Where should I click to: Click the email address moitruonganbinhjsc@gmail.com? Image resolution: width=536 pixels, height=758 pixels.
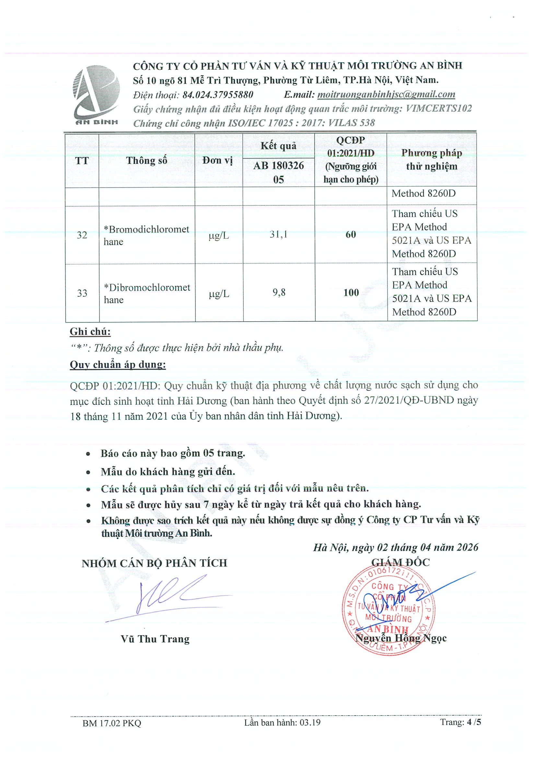[386, 94]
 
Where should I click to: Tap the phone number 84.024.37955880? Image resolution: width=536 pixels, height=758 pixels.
[218, 95]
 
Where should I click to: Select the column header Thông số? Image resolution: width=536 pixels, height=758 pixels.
[146, 160]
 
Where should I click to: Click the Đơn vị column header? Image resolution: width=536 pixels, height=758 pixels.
[218, 160]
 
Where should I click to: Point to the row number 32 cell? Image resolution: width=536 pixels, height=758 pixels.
[82, 235]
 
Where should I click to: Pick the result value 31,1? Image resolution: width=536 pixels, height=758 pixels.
[278, 235]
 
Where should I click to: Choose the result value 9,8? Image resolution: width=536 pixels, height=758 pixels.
[279, 293]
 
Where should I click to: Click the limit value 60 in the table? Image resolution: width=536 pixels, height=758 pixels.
[351, 235]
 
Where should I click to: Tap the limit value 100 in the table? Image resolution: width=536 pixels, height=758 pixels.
[351, 293]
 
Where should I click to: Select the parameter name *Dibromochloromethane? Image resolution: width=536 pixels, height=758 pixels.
[146, 293]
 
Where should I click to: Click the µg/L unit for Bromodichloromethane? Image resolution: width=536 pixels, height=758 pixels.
[219, 235]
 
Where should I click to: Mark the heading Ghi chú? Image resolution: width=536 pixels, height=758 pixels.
[90, 331]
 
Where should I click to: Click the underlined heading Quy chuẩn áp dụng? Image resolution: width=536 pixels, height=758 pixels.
[118, 364]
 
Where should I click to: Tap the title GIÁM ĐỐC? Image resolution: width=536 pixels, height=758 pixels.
[400, 562]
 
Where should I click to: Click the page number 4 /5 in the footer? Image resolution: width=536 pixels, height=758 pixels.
[460, 722]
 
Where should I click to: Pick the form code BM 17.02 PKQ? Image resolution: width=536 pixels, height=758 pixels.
[111, 723]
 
